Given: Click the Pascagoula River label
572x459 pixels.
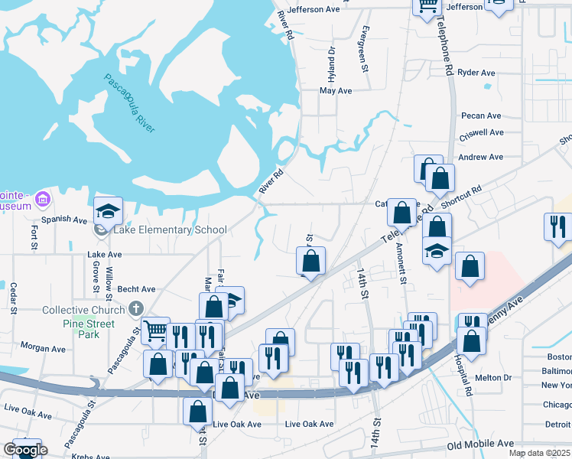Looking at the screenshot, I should [x=129, y=104].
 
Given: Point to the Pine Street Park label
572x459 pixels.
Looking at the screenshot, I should [x=89, y=329].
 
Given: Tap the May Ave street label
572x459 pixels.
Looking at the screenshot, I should [x=336, y=90].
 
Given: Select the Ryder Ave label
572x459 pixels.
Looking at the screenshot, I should [x=477, y=73].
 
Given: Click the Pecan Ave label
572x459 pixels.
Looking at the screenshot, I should [x=481, y=116].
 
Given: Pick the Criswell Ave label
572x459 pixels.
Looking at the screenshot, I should [x=481, y=132].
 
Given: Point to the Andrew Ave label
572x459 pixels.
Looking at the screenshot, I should [x=480, y=157].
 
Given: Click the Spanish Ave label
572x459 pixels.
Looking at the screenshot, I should [x=65, y=220].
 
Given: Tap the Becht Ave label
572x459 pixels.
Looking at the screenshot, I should [x=136, y=290].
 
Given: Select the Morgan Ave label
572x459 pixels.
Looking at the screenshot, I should [x=43, y=347].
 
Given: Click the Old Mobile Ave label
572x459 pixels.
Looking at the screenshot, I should [x=481, y=444].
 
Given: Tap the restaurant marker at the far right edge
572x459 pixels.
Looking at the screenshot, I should [x=557, y=226].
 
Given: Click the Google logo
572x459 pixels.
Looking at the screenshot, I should [x=25, y=450].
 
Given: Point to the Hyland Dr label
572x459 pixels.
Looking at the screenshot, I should [x=332, y=64].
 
